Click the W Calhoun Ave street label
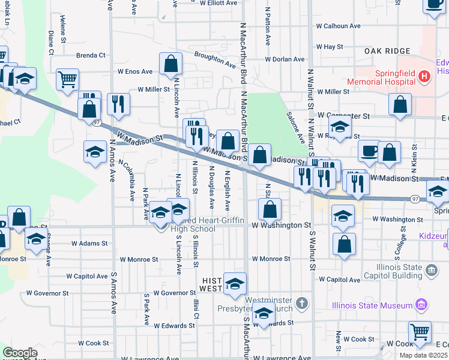coord(339,26)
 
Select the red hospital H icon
coord(425,76)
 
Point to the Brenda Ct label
coord(91,55)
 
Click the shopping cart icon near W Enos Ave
coord(68,79)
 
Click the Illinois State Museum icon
coord(421,305)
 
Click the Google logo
coord(20,352)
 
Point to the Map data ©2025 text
coord(424,355)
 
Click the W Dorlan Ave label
coord(286,59)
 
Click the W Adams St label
coord(89,244)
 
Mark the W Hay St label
coord(329,46)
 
